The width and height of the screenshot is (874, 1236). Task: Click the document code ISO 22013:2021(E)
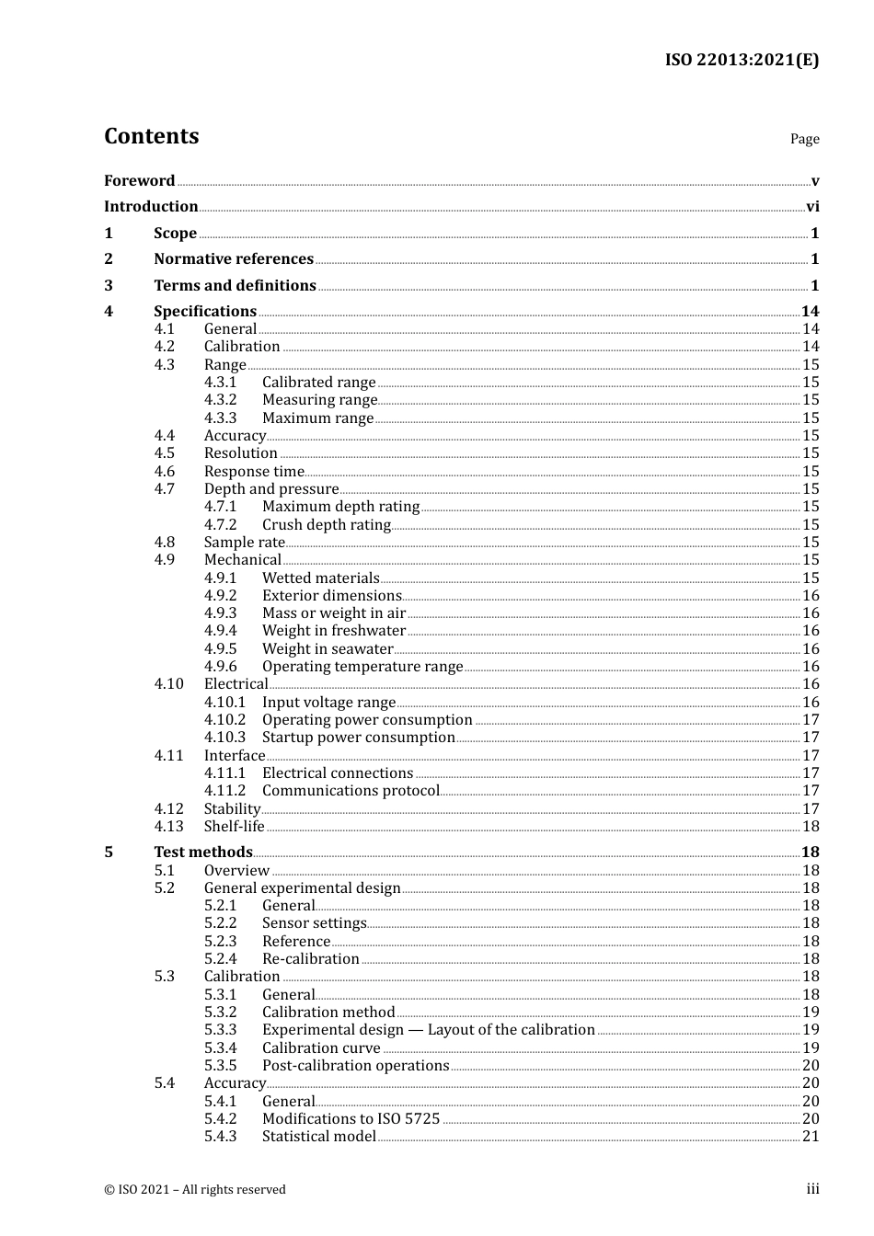click(742, 60)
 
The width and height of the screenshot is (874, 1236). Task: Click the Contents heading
click(151, 136)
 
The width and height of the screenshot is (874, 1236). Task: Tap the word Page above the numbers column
click(804, 139)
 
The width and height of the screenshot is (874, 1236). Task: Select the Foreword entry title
click(139, 180)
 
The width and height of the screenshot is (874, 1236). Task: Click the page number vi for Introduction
click(812, 207)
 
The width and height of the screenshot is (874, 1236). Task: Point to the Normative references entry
click(234, 259)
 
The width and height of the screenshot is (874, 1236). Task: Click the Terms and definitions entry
click(235, 286)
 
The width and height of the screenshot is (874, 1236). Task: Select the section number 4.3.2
click(220, 400)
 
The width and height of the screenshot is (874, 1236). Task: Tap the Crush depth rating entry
click(327, 525)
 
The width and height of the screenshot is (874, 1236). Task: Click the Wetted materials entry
click(320, 578)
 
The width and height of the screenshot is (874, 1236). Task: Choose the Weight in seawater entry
click(328, 649)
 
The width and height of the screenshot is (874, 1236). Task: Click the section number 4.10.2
click(224, 720)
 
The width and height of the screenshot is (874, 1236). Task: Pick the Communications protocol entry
click(351, 791)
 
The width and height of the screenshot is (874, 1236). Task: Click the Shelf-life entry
click(234, 827)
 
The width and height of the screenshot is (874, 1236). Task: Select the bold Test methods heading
click(203, 853)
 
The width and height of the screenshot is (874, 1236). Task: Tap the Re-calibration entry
click(310, 959)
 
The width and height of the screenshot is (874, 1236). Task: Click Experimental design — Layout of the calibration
click(428, 1030)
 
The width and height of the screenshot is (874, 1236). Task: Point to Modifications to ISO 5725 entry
click(351, 1119)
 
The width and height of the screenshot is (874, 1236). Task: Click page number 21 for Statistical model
click(811, 1137)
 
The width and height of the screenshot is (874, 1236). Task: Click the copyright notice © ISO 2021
click(195, 1190)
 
